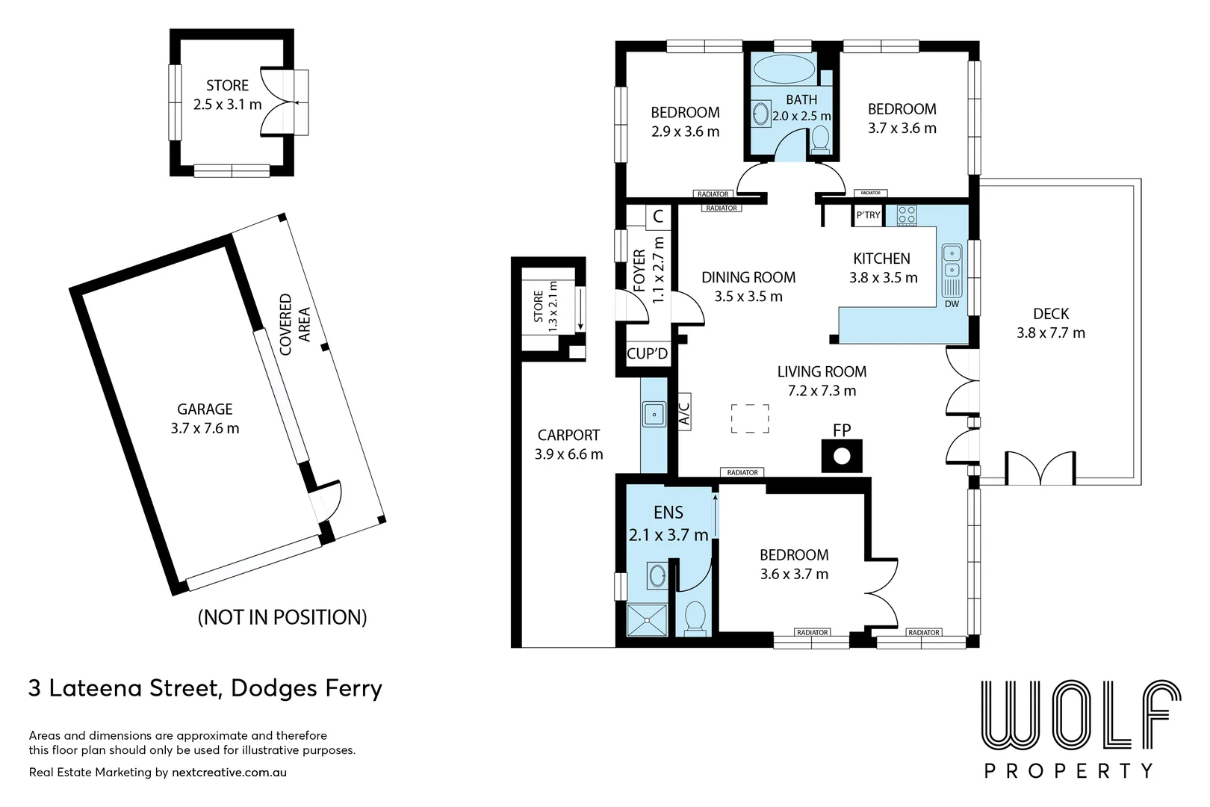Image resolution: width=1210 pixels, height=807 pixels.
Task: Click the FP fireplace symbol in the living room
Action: (x=842, y=457)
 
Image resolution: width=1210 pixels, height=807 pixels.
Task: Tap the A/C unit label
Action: (x=684, y=412)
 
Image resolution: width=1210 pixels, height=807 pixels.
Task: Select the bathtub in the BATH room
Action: (x=784, y=70)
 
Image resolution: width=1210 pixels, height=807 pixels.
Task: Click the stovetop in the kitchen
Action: (x=907, y=215)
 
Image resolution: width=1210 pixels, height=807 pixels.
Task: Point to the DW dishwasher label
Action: (x=952, y=304)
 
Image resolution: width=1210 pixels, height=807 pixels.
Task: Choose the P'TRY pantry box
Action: (x=867, y=215)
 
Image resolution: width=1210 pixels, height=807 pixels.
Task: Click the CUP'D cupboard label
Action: (x=647, y=353)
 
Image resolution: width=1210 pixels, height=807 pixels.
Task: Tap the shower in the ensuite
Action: (x=647, y=620)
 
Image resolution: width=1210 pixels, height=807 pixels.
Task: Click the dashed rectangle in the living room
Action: (x=750, y=418)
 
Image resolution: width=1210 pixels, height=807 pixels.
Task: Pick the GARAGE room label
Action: (x=205, y=409)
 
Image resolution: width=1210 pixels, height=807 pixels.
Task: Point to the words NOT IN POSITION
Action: (x=282, y=616)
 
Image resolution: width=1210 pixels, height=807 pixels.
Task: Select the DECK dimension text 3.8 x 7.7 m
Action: (x=1051, y=333)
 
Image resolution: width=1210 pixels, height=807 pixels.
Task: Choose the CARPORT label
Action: (x=568, y=435)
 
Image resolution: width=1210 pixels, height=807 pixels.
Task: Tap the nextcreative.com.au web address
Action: (x=229, y=773)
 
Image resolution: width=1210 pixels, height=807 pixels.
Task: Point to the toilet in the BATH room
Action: (x=821, y=140)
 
